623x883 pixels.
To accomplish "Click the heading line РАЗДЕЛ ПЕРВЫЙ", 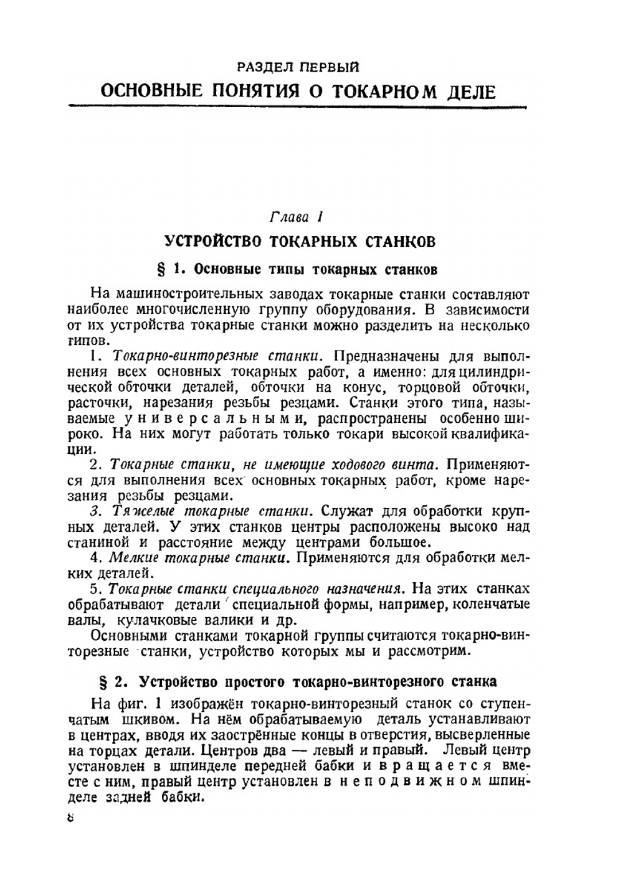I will pos(298,67).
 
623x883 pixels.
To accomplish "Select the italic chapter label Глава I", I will pos(295,217).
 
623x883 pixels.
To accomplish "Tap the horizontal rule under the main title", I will pos(298,107).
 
